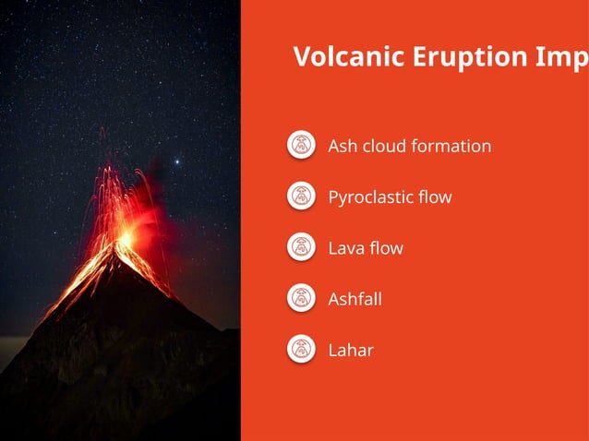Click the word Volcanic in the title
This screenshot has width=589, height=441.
pos(335,57)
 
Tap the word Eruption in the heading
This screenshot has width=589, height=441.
pos(442,57)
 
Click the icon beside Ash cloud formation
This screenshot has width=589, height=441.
pos(301,145)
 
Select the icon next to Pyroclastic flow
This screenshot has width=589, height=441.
pos(301,196)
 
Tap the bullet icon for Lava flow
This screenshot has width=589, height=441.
pos(301,246)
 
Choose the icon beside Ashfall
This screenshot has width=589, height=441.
pos(301,298)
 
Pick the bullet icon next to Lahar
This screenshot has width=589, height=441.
pos(301,349)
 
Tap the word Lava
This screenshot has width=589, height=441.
pos(345,248)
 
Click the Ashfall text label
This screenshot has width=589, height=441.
pos(355,299)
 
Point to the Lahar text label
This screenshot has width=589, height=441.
pos(351,350)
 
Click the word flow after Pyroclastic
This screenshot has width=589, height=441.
pos(434,197)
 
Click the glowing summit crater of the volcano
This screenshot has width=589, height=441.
pos(124,238)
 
